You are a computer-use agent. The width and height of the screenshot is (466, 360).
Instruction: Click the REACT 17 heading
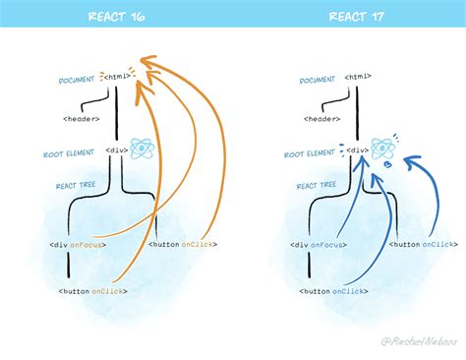tap(350, 16)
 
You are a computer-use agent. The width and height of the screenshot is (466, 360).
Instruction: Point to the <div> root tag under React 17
tap(355, 151)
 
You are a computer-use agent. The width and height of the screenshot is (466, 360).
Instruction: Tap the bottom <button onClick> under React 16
tap(93, 291)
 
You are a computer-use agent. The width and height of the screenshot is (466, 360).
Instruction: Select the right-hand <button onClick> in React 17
tap(424, 243)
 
